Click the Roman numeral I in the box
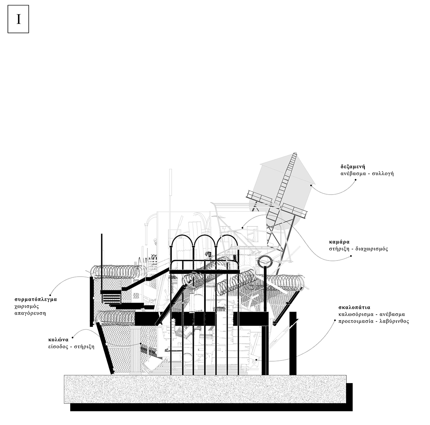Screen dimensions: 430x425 point(19,19)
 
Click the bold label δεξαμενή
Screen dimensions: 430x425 point(353,167)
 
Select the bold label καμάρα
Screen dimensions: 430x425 point(339,242)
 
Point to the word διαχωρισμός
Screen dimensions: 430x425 point(371,249)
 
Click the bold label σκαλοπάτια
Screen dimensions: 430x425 point(354,307)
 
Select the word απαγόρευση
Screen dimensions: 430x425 point(30,314)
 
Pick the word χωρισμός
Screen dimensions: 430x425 point(27,307)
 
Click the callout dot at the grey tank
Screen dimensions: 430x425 point(311,185)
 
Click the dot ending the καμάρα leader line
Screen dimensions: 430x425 point(351,256)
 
